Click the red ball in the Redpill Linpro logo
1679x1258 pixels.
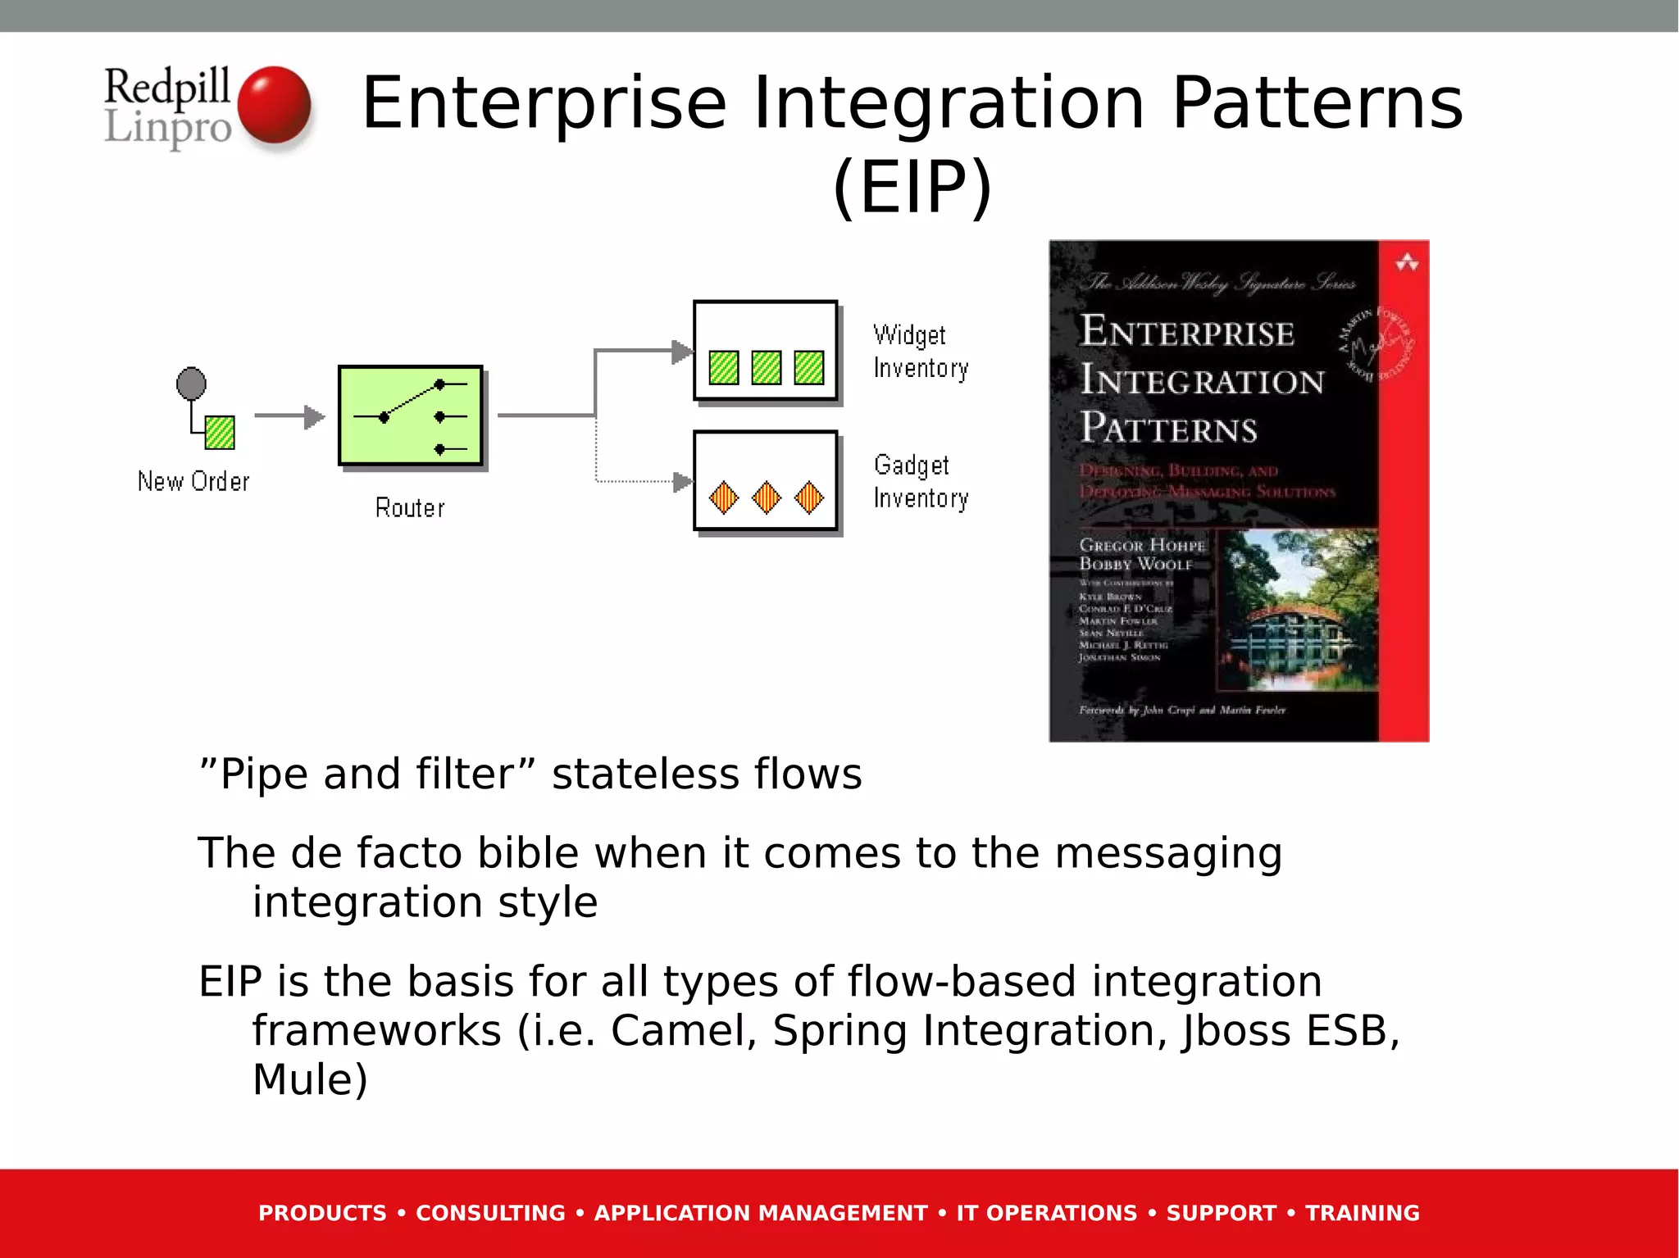[x=274, y=106]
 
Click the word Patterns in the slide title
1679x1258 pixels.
[x=1317, y=104]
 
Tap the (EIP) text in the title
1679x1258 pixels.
[x=912, y=188]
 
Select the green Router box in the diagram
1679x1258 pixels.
[x=410, y=416]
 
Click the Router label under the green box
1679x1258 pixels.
[x=410, y=508]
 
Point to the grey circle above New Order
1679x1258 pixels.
[x=191, y=383]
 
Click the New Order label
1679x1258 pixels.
[x=193, y=481]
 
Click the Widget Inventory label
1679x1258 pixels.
[x=920, y=352]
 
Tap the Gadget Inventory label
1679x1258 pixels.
[x=920, y=482]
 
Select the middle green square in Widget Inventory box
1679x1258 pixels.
[x=766, y=367]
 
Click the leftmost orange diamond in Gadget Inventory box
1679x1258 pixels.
[x=723, y=497]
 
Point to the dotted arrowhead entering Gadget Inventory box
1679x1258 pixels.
[x=682, y=482]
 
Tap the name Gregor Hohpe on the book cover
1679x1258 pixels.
[x=1141, y=545]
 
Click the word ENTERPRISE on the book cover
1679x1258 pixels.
[x=1186, y=332]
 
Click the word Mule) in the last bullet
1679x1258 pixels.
[x=309, y=1079]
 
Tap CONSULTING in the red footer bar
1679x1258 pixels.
[x=490, y=1213]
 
